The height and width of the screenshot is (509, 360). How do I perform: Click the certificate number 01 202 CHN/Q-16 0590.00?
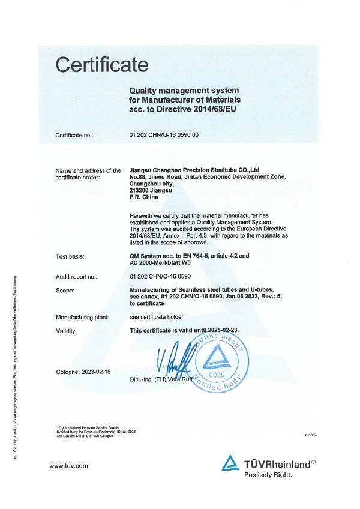point(164,135)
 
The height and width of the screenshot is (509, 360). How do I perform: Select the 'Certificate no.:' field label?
point(74,135)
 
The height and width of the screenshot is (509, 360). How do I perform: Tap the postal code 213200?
point(140,190)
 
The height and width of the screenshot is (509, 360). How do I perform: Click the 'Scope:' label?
point(65,291)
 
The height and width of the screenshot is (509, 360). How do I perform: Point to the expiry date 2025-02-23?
point(229,330)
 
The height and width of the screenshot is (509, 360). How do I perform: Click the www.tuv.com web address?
point(68,466)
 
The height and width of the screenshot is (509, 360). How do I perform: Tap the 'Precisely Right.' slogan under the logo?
point(268,475)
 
